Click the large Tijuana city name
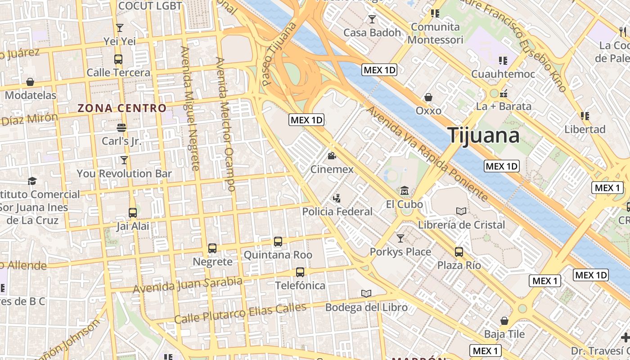[x=484, y=135]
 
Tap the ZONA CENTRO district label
[x=122, y=108]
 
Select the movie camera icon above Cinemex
[x=332, y=156]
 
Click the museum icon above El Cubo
[x=405, y=191]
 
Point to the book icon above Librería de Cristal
[x=461, y=211]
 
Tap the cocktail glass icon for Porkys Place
[x=400, y=238]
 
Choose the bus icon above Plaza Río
[x=459, y=252]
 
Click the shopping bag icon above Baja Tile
[x=504, y=321]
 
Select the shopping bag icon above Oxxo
[x=428, y=97]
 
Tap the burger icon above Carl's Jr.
[x=121, y=127]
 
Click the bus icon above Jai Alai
[x=133, y=212]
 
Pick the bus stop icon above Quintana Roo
[x=278, y=242]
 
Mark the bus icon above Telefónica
[x=300, y=272]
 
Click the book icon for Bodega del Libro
[x=366, y=294]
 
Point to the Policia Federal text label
[x=337, y=211]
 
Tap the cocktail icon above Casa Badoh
[x=372, y=19]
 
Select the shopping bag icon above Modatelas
[x=30, y=82]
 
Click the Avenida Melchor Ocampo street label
[x=226, y=124]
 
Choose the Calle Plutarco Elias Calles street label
[x=240, y=313]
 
